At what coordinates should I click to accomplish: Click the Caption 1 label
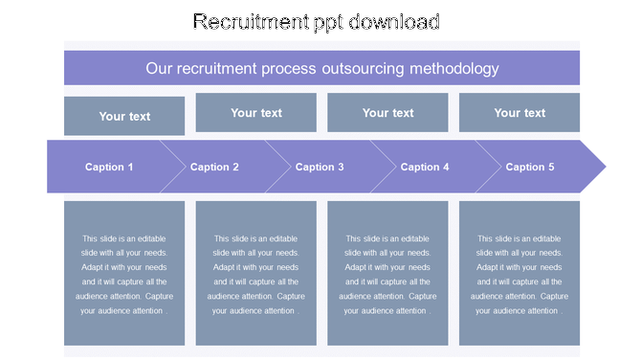[x=109, y=167]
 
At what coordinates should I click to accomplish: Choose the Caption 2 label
[x=214, y=167]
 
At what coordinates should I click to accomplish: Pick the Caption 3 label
[x=320, y=167]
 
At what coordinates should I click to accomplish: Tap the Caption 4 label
[x=425, y=167]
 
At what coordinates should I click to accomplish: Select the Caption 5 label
[x=530, y=167]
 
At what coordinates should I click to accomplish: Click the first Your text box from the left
[x=124, y=116]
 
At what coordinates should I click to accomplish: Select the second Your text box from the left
[x=256, y=112]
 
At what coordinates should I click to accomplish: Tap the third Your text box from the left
[x=387, y=112]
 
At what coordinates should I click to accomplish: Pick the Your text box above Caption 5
[x=519, y=112]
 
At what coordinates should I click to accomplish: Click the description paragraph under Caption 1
[x=124, y=275]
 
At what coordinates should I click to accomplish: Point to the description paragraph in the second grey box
[x=256, y=275]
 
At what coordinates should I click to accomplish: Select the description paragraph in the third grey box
[x=387, y=275]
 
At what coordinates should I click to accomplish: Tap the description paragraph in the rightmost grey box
[x=519, y=275]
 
